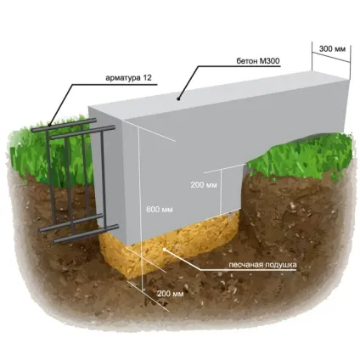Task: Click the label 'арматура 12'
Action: (128, 78)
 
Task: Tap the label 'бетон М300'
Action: (258, 61)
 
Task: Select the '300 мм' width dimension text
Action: (332, 49)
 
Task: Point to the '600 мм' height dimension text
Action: (160, 210)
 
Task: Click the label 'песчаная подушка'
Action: (262, 265)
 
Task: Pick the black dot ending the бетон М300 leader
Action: (178, 98)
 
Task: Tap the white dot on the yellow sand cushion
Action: (165, 249)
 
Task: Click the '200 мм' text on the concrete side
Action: (204, 185)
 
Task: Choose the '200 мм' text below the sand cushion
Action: (171, 294)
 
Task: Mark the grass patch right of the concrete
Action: (300, 155)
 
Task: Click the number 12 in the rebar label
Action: (147, 78)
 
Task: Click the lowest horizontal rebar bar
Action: (86, 233)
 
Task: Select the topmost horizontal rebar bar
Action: (64, 126)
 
